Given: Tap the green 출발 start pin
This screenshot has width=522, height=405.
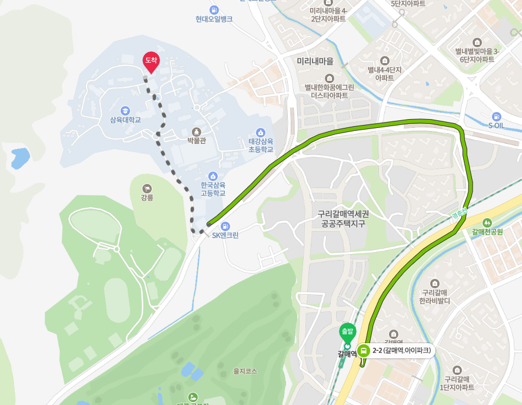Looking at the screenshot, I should tap(347, 331).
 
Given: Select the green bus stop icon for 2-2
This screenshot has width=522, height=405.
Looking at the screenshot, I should tap(364, 351).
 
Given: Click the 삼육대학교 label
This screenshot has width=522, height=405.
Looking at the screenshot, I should tap(125, 119).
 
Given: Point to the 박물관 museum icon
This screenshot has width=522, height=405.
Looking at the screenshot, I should tap(196, 131).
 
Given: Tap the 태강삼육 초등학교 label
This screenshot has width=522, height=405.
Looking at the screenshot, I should tap(261, 145).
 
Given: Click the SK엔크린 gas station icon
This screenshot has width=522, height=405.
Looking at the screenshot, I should tap(224, 226).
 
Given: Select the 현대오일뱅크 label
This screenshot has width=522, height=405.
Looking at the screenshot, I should tap(214, 19).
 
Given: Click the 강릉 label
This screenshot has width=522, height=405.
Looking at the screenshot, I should tap(147, 197).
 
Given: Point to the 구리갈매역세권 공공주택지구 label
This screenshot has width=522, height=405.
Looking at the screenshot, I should tap(344, 219).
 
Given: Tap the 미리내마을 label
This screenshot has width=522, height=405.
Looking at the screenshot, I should tap(315, 61).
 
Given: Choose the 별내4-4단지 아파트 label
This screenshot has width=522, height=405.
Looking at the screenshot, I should tap(385, 73).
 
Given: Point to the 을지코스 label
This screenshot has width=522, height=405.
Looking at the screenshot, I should tap(245, 371).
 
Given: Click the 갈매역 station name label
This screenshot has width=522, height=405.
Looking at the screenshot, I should tap(347, 354).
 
